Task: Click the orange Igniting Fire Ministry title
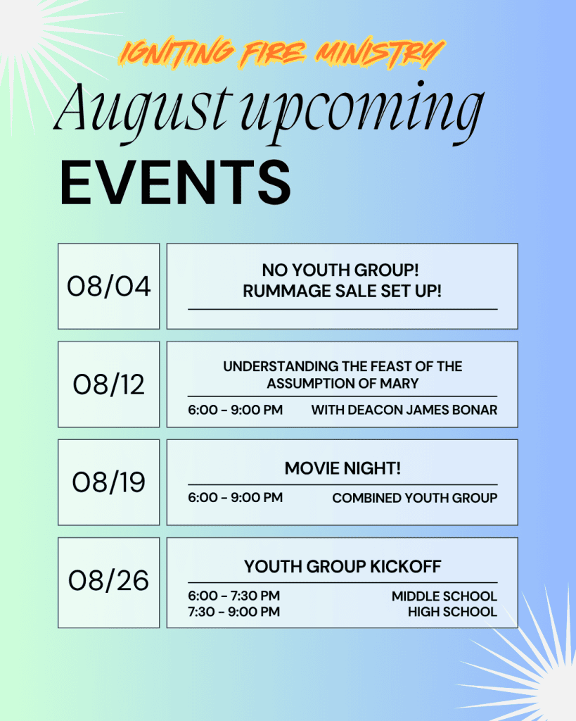[281, 54]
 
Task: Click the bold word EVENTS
[175, 182]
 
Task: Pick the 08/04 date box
[109, 286]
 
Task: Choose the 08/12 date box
[109, 384]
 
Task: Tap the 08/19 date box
[109, 482]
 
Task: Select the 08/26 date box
[109, 582]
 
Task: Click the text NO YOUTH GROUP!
[340, 270]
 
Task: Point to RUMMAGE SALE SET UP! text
[343, 291]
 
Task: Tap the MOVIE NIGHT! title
[343, 468]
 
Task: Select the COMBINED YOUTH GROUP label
[415, 498]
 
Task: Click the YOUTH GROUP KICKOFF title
[343, 567]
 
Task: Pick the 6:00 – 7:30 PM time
[233, 596]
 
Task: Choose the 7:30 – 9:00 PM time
[233, 612]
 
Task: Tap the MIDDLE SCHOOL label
[444, 596]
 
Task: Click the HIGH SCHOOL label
[452, 612]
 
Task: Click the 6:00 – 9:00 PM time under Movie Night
[235, 497]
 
